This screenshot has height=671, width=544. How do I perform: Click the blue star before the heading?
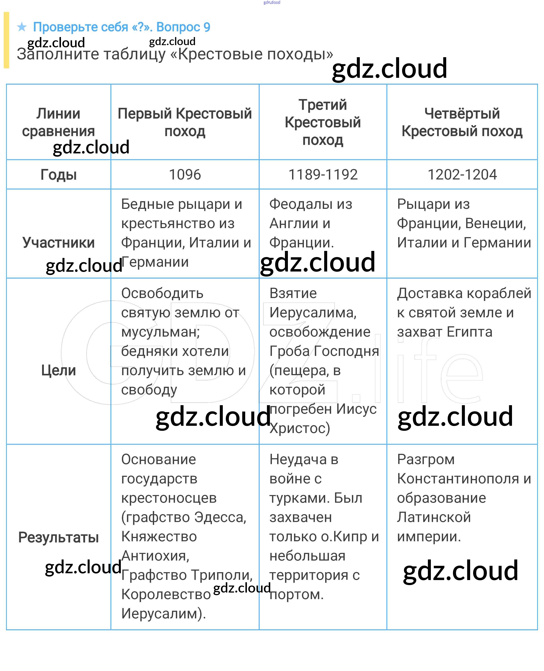pyautogui.click(x=22, y=27)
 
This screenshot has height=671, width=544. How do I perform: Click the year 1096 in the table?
pyautogui.click(x=185, y=175)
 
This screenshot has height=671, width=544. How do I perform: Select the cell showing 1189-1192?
pyautogui.click(x=323, y=175)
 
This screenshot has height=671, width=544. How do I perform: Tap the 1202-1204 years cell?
pyautogui.click(x=462, y=175)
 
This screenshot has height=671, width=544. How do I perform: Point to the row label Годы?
pyautogui.click(x=59, y=175)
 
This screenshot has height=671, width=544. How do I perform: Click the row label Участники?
pyautogui.click(x=59, y=243)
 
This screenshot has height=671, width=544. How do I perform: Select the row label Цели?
pyautogui.click(x=59, y=370)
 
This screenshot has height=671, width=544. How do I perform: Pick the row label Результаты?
pyautogui.click(x=59, y=537)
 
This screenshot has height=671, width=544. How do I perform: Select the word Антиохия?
pyautogui.click(x=155, y=556)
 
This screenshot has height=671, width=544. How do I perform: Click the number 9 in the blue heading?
pyautogui.click(x=207, y=27)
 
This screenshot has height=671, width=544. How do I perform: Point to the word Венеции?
pyautogui.click(x=495, y=224)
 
